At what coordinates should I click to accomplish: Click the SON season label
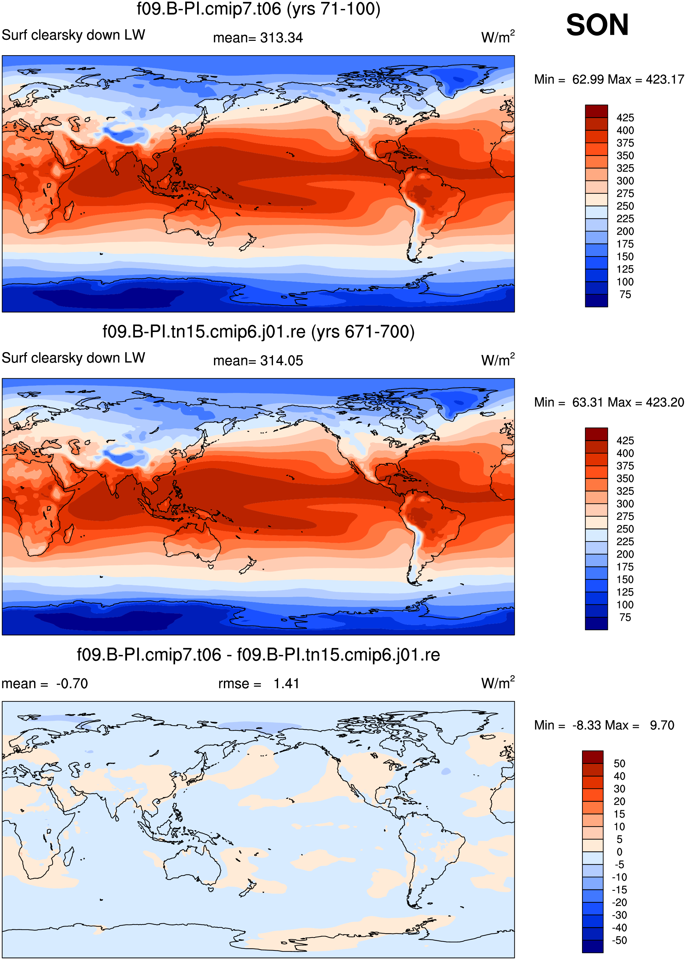tap(597, 25)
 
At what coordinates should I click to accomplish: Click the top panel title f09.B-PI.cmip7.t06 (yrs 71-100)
tap(259, 9)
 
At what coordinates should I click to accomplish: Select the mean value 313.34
tap(281, 38)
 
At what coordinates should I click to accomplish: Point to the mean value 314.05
tap(281, 361)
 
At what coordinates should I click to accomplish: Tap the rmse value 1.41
tap(286, 683)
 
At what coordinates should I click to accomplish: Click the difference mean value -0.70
tap(72, 683)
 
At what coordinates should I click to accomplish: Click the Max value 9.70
tap(662, 725)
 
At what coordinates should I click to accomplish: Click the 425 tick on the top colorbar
tap(625, 118)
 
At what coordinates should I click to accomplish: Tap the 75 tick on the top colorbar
tap(625, 294)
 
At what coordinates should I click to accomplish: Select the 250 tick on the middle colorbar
tap(625, 529)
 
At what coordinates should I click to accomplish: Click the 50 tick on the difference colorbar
tap(620, 764)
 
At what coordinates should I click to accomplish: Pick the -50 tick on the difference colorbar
tap(620, 940)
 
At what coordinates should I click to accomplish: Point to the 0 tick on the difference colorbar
tap(620, 852)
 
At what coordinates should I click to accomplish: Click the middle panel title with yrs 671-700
tap(259, 332)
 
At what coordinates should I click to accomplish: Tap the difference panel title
tap(259, 655)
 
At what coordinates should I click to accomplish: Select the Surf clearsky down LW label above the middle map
tap(73, 358)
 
